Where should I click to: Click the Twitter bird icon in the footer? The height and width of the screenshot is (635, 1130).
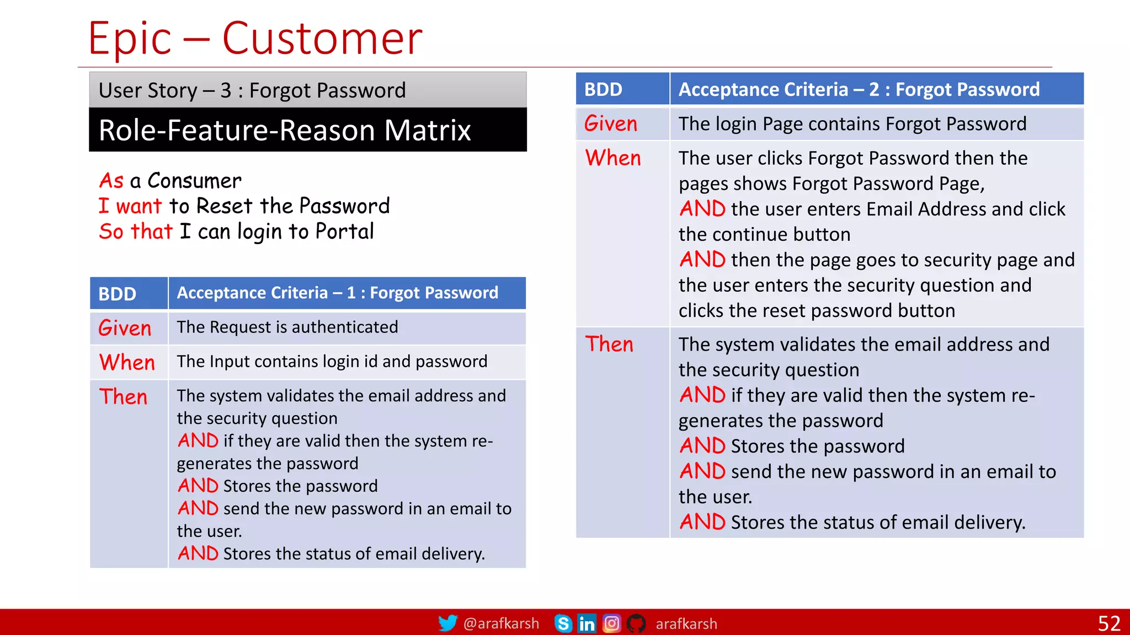coord(447,623)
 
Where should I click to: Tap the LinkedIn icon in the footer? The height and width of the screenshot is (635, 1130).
coord(587,623)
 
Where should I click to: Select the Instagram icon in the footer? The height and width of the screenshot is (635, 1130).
coord(611,623)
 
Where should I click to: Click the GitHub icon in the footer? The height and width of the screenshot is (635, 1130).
coord(636,623)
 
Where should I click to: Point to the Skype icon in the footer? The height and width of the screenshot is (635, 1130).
coord(563,623)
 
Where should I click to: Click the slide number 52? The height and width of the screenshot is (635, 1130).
coord(1108,623)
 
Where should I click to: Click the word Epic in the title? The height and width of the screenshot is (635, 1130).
coord(130,39)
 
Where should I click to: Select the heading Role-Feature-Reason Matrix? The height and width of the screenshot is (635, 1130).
coord(285,130)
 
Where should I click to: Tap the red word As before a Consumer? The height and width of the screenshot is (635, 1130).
coord(111,181)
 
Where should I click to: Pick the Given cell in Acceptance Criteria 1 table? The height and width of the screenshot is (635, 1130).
coord(125,329)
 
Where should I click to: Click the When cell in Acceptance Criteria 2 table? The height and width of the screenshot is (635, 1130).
coord(613,158)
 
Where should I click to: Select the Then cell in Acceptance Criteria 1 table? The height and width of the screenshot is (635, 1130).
coord(124,397)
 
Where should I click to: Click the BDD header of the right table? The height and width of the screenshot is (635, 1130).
coord(604,89)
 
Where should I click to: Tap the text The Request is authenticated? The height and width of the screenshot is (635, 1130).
coord(287,327)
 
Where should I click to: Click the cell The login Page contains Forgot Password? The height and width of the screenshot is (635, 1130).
coord(852,124)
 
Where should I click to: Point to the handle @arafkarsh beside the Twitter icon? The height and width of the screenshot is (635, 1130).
coord(501,623)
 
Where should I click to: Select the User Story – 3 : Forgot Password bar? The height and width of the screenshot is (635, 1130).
coord(252,90)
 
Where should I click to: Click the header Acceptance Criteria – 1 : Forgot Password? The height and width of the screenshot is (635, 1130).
coord(337,293)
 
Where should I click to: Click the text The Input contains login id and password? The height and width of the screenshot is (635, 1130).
coord(332,362)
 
